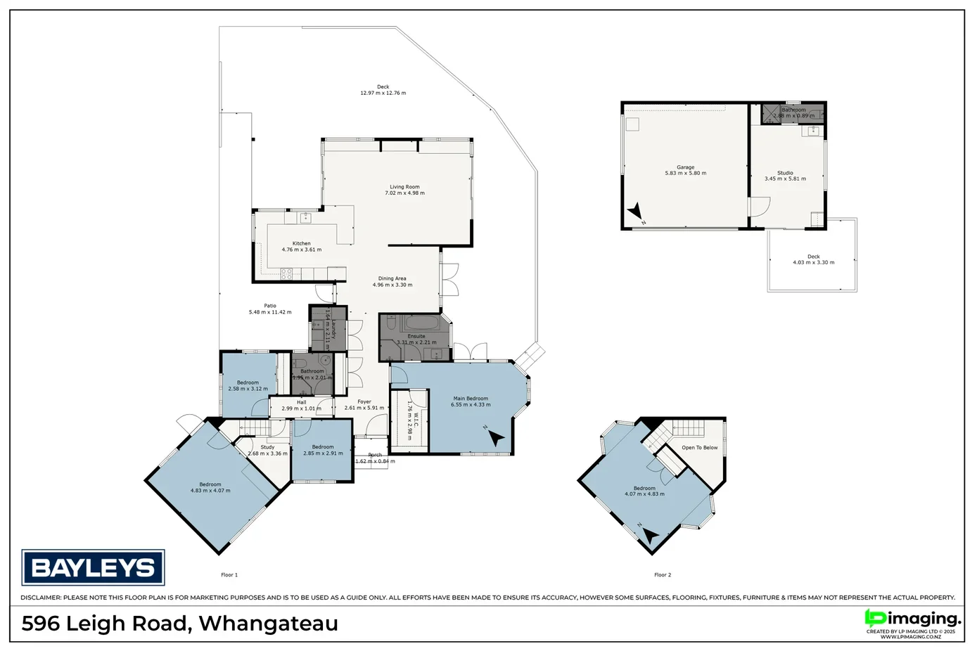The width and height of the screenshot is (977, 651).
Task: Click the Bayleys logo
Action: pyautogui.click(x=93, y=567)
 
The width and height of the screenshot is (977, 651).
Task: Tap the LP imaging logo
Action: pyautogui.click(x=912, y=619)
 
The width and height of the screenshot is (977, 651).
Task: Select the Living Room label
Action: pyautogui.click(x=404, y=187)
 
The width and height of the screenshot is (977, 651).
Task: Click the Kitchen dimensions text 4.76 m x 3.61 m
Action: pyautogui.click(x=301, y=250)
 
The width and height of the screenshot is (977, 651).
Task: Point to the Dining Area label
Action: pyautogui.click(x=392, y=278)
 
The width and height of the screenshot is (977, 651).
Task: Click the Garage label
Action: pyautogui.click(x=685, y=167)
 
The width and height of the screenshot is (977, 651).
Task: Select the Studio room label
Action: pyautogui.click(x=785, y=173)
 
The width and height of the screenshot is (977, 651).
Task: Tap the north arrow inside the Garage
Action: pyautogui.click(x=635, y=211)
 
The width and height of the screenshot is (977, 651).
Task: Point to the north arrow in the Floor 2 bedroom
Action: pyautogui.click(x=651, y=536)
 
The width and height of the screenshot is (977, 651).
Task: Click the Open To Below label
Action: pyautogui.click(x=699, y=447)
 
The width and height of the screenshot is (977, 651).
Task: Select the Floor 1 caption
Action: pyautogui.click(x=229, y=575)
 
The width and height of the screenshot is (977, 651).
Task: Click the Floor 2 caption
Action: pyautogui.click(x=663, y=575)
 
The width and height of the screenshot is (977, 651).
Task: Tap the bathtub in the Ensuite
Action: pyautogui.click(x=421, y=324)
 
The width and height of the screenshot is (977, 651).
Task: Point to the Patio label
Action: pyautogui.click(x=270, y=306)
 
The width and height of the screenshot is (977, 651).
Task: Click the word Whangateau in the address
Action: pyautogui.click(x=268, y=624)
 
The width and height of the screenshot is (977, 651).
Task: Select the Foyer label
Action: pyautogui.click(x=364, y=402)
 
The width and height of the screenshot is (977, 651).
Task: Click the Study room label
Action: pyautogui.click(x=267, y=447)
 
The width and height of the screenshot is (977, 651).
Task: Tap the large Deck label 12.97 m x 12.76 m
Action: pyautogui.click(x=383, y=87)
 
